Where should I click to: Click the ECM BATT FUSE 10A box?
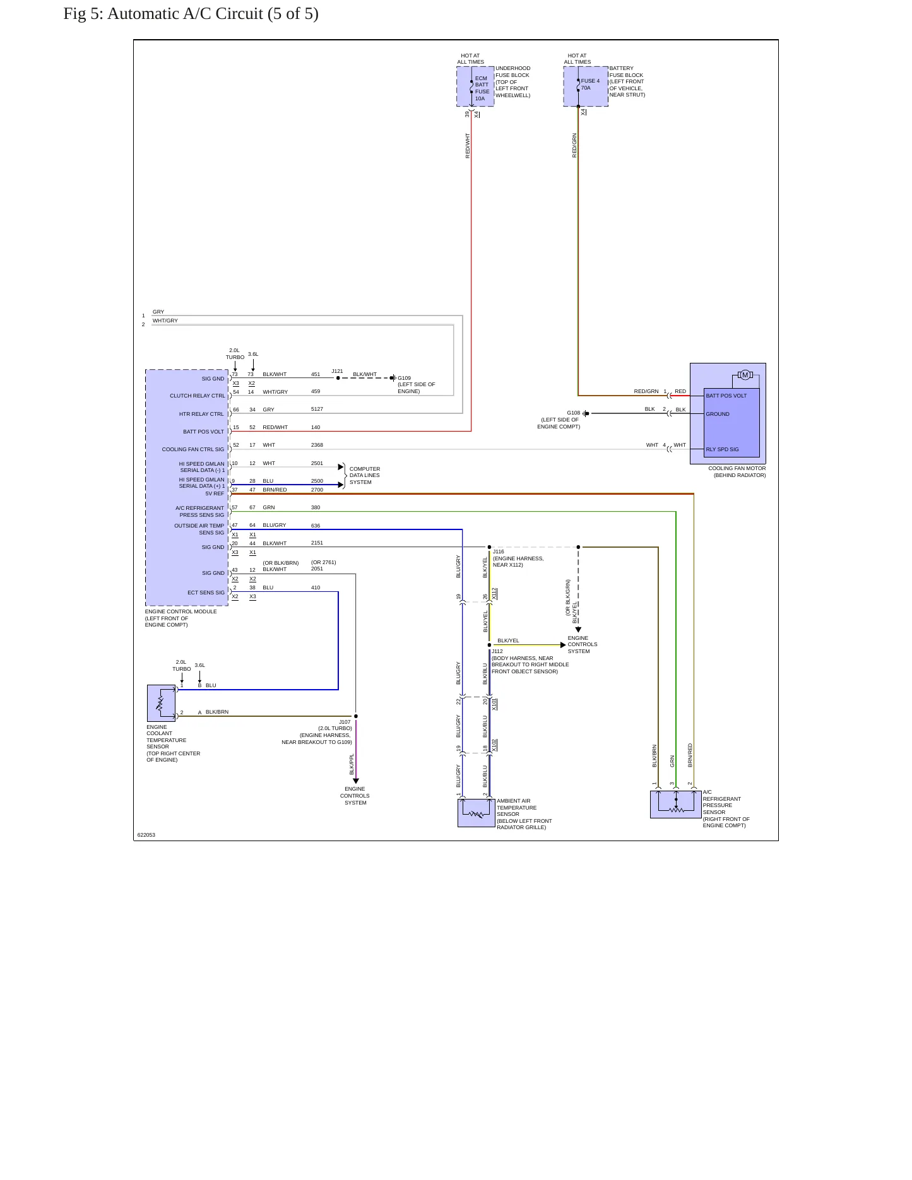pos(475,86)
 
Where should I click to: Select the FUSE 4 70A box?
pos(586,86)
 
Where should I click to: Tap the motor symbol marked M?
pos(745,375)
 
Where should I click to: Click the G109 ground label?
pos(404,378)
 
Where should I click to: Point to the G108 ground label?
pos(573,413)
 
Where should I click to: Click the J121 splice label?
pos(337,371)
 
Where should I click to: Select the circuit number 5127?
pos(317,410)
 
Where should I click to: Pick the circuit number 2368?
pos(317,445)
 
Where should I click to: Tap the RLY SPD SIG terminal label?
pos(722,450)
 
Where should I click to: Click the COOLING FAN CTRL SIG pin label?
pos(193,450)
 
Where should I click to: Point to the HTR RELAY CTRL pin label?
pos(201,415)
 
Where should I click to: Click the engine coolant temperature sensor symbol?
pos(161,703)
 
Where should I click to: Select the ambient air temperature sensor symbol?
pos(476,813)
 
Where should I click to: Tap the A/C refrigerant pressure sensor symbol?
pos(675,805)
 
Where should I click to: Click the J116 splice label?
pos(499,552)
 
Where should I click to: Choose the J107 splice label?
pos(345,722)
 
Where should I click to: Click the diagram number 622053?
pos(146,835)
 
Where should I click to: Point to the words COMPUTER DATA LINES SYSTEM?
pos(365,476)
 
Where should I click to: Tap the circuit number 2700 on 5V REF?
pos(317,490)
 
